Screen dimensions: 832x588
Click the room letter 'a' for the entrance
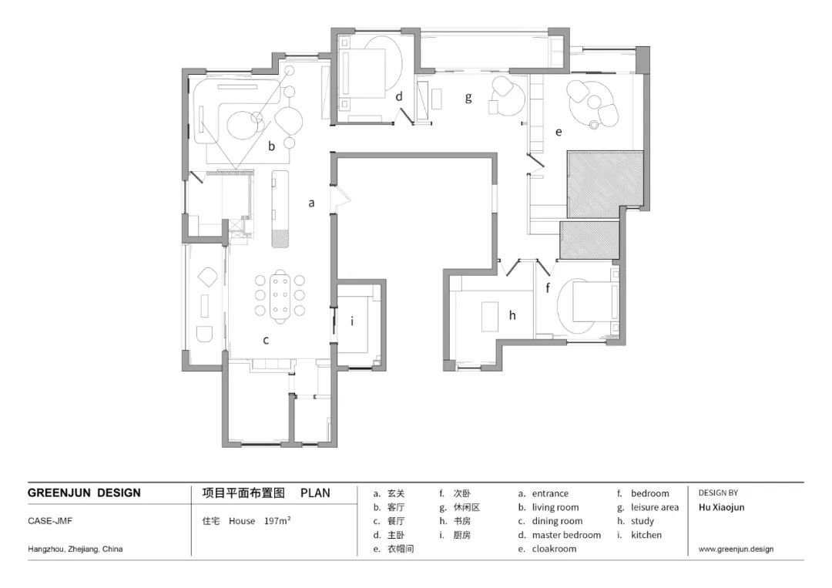coord(311,203)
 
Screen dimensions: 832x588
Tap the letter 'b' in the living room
coord(271,146)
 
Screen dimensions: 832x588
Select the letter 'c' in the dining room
coord(266,340)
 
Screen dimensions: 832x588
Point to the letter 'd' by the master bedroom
coord(399,96)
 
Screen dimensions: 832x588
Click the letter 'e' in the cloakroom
coord(559,132)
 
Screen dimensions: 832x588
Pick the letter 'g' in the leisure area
coord(468,98)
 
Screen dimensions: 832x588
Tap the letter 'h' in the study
coord(512,315)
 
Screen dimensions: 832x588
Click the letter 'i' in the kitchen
coord(352,321)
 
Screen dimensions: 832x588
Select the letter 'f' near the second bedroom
coord(548,288)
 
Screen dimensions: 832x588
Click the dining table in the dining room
coord(280,296)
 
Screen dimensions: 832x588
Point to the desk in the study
coord(490,316)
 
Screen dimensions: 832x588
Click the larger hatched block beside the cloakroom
coord(606,184)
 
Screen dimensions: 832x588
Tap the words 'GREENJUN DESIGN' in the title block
coord(84,493)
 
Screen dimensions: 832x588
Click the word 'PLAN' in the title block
coord(315,493)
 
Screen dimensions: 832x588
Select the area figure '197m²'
coord(277,521)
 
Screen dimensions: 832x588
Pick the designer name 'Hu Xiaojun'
coord(721,507)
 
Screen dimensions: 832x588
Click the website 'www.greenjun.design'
coord(736,549)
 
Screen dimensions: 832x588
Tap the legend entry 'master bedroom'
coord(566,535)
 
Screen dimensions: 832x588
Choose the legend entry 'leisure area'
coord(654,507)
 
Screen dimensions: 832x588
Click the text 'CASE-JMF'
coord(50,521)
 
